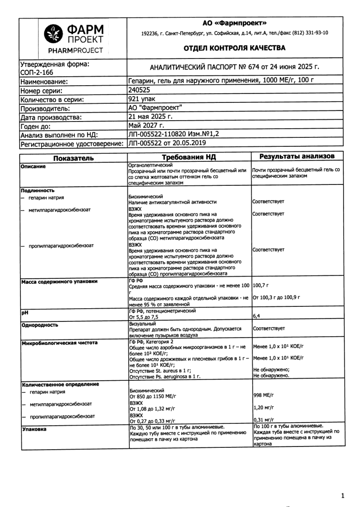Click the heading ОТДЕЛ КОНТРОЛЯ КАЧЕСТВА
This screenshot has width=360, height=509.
234,48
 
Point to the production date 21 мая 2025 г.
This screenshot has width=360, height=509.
151,117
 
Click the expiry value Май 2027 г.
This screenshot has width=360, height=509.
146,126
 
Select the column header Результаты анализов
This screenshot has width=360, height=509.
297,157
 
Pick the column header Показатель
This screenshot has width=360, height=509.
73,158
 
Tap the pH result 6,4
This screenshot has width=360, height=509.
256,315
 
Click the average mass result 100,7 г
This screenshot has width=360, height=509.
261,285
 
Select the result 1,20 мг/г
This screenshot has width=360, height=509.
263,407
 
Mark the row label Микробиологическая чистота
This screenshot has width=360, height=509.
59,343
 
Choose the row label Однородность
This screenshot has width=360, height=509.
39,325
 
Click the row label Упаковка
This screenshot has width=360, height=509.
34,427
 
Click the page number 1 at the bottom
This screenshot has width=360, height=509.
342,495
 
